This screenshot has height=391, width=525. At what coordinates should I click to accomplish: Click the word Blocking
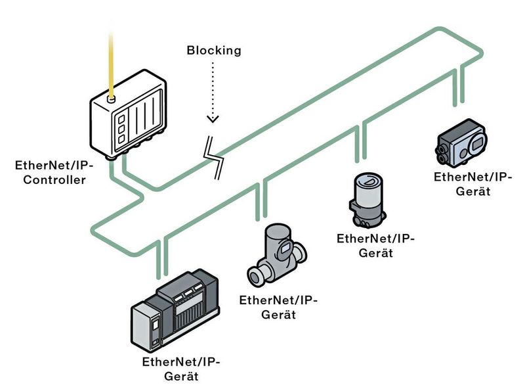pyautogui.click(x=214, y=50)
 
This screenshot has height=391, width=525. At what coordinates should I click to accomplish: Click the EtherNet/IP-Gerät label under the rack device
pyautogui.click(x=180, y=369)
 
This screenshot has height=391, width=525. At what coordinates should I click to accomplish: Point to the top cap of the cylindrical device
pyautogui.click(x=367, y=180)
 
